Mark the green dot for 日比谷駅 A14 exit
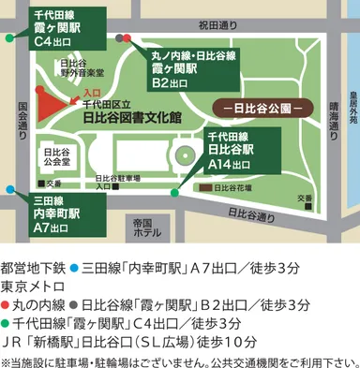175,193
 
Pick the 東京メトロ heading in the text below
35,285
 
